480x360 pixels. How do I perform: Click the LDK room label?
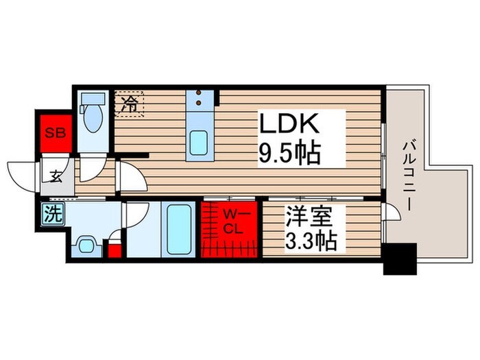tap(289, 126)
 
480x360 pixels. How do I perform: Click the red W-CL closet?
tap(230, 226)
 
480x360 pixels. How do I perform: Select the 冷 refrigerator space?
tap(129, 105)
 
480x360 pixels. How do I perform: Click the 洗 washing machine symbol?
tap(53, 214)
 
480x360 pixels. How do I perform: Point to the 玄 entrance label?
tap(54, 174)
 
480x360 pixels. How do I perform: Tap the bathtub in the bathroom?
tap(178, 230)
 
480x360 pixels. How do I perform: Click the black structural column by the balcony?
tap(400, 259)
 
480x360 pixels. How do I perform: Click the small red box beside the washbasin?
tap(115, 248)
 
